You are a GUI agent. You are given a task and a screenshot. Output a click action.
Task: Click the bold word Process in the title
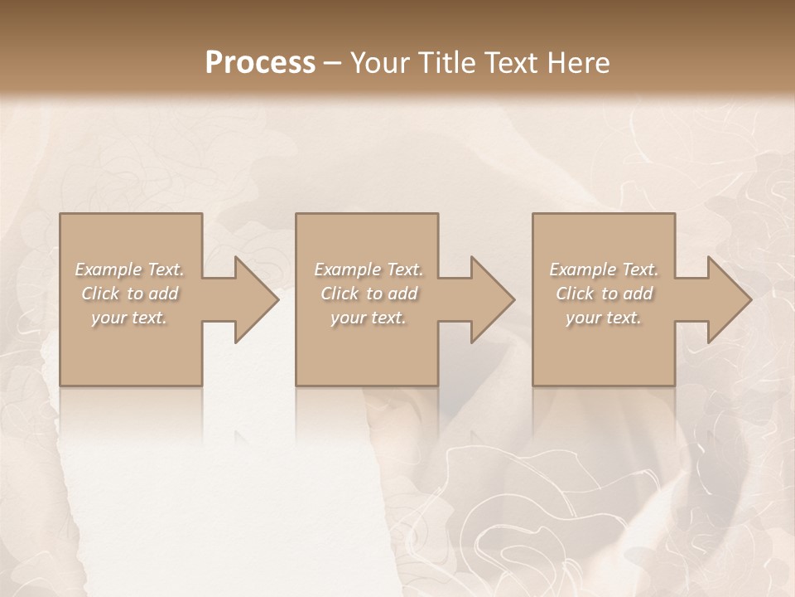[260, 62]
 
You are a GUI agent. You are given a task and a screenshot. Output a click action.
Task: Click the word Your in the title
[378, 62]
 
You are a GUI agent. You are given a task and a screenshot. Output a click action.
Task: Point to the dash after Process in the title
[333, 64]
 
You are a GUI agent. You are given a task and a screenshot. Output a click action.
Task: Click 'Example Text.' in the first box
[129, 269]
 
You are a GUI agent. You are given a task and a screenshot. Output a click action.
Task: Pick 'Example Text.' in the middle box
[369, 269]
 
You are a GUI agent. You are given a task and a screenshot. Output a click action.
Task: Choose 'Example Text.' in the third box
[604, 269]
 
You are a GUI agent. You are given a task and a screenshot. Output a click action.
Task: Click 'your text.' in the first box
[129, 318]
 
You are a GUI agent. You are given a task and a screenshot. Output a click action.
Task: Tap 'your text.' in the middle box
[369, 318]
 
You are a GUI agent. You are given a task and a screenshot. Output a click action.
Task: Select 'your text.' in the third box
[604, 318]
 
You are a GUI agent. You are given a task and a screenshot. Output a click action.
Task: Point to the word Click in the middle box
[340, 294]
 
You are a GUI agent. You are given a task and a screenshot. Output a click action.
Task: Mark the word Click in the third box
[575, 294]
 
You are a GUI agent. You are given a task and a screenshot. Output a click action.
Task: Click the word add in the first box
[163, 294]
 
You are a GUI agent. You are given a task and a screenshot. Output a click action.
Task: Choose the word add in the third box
[638, 294]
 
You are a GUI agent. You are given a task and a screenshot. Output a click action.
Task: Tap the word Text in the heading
[514, 62]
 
